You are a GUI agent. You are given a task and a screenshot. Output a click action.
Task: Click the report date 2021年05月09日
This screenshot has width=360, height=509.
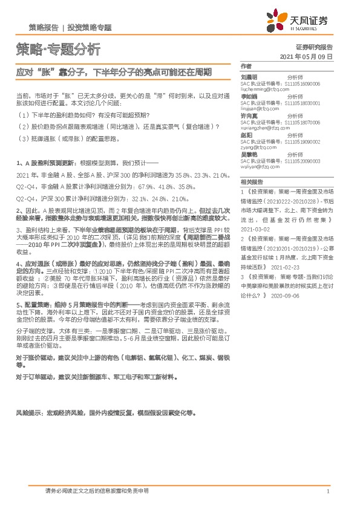point(307,56)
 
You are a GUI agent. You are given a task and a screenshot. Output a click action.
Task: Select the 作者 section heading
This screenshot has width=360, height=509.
point(246,65)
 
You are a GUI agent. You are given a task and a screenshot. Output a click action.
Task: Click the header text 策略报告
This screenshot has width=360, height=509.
point(44,27)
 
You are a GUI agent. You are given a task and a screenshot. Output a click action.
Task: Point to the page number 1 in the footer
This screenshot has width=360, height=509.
point(327,492)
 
